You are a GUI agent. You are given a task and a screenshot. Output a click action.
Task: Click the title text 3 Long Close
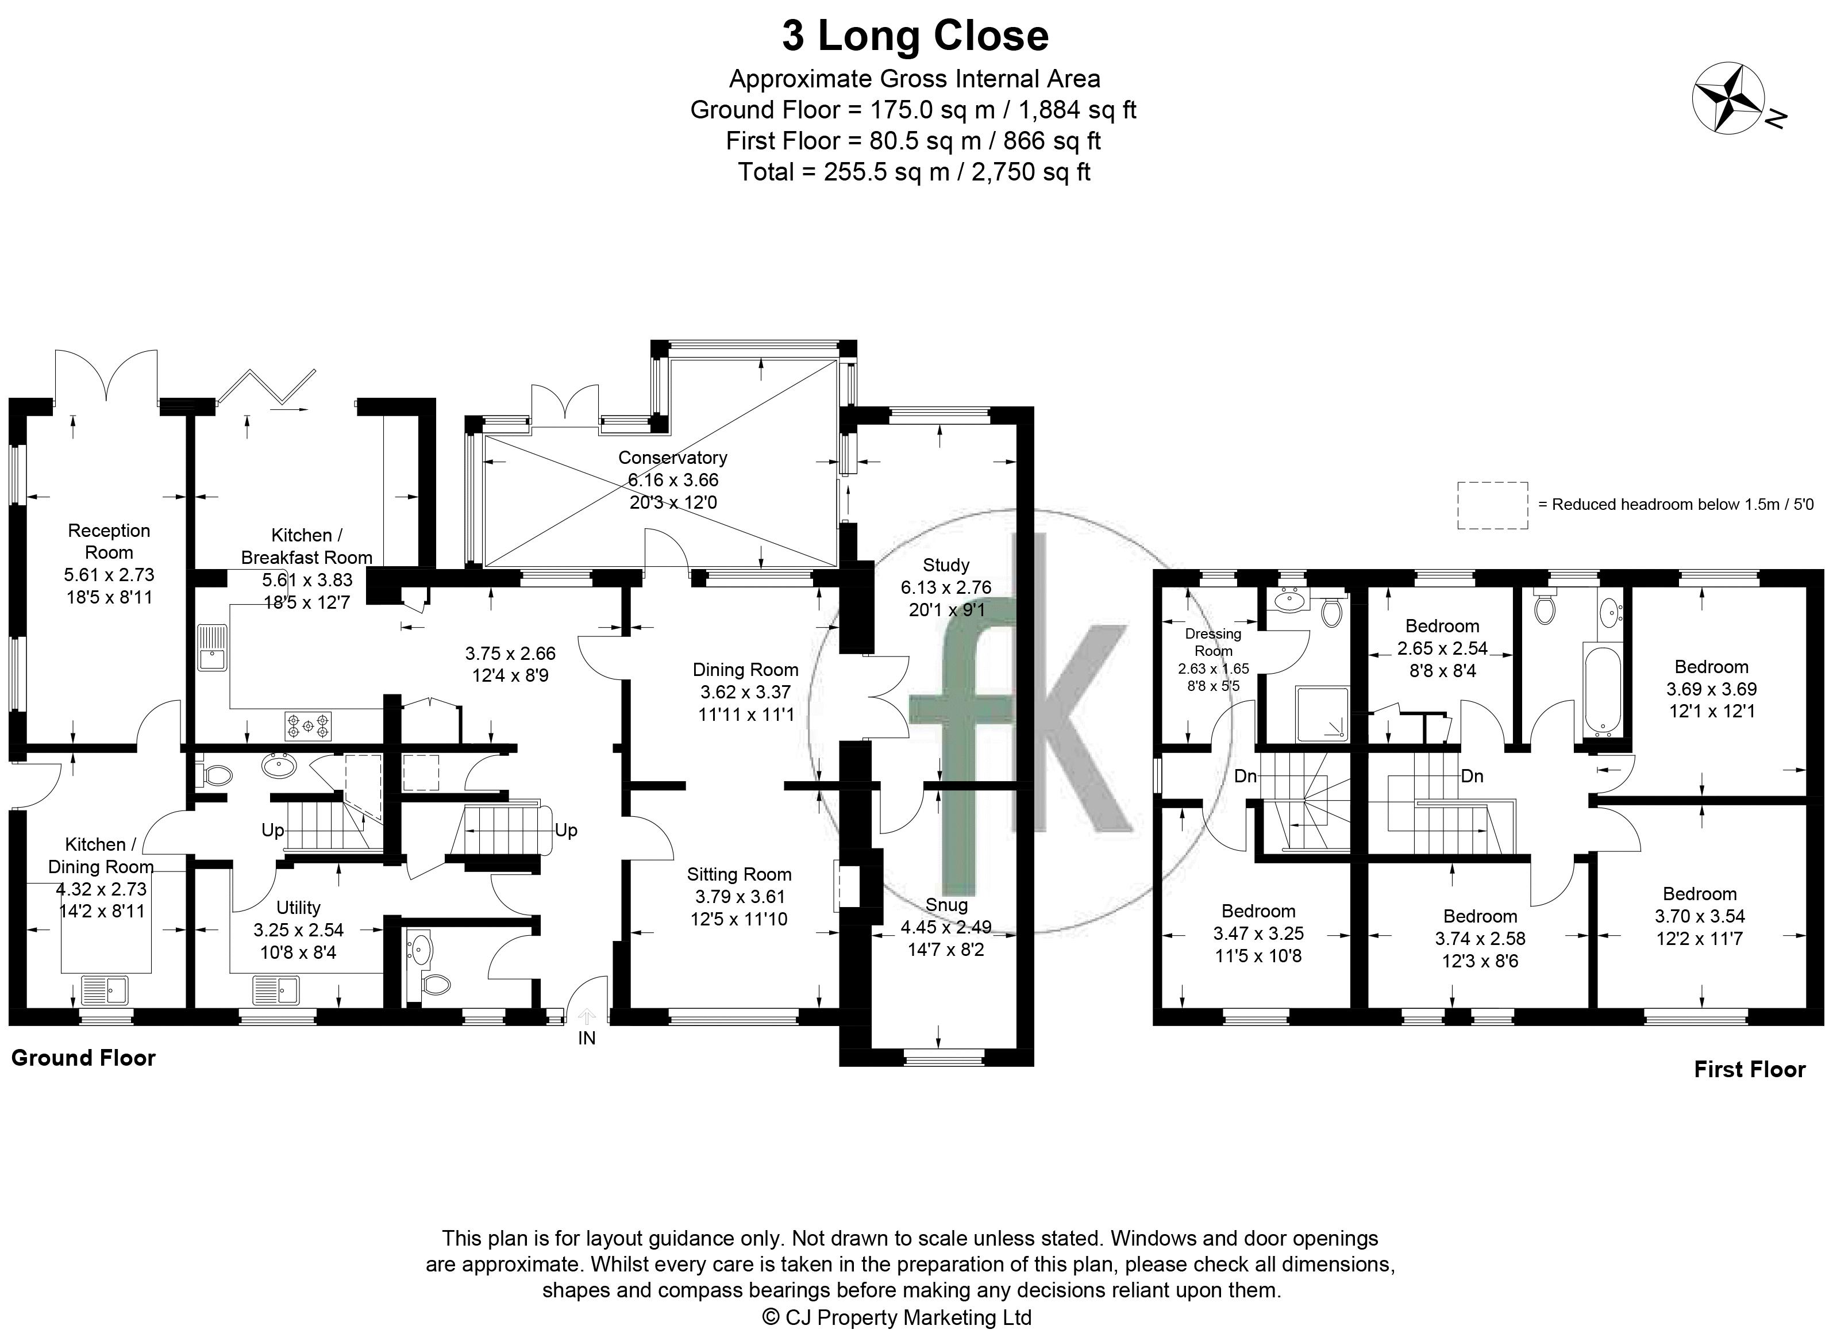(x=915, y=36)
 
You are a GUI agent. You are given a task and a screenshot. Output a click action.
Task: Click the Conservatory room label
(x=672, y=458)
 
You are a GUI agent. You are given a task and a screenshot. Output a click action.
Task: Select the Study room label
(x=946, y=565)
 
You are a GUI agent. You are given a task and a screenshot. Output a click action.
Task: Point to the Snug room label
(x=946, y=905)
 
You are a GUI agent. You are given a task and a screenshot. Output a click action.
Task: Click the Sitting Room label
(x=738, y=874)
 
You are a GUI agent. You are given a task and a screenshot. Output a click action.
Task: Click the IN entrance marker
(x=587, y=1038)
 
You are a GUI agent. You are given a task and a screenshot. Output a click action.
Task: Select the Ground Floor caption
(x=83, y=1058)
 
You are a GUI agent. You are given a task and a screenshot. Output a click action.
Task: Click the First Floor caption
(x=1750, y=1069)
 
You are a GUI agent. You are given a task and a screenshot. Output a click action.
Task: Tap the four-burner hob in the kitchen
(x=307, y=725)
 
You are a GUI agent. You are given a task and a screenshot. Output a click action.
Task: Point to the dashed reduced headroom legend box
(x=1492, y=505)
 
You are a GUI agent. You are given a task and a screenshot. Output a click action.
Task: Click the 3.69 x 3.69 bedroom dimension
(x=1711, y=689)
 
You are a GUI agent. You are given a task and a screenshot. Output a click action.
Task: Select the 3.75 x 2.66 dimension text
(x=510, y=653)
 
